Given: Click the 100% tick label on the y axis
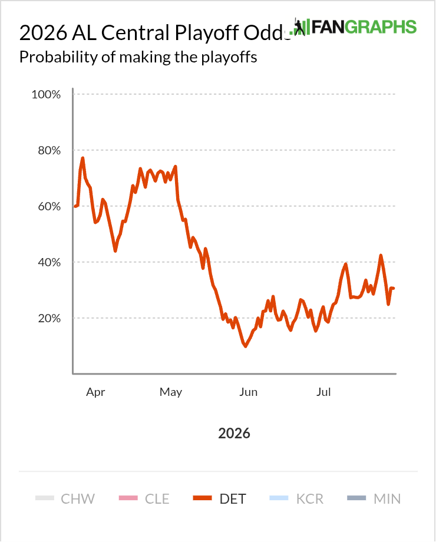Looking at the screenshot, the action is pos(46,94).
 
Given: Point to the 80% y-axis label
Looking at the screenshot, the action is pos(49,150).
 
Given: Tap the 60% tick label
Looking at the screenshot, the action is pos(49,206).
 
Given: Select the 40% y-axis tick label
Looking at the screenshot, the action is pos(49,262).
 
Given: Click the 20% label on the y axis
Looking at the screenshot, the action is pos(49,318).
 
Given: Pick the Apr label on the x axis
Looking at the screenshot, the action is pos(95,392).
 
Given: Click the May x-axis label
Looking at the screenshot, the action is pos(171,392).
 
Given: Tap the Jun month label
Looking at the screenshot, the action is pos(248,392).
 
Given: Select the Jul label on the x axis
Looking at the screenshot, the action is pos(323,392).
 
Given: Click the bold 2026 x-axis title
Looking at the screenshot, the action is pos(234,434).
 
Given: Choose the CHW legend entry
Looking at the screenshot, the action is pos(65,499).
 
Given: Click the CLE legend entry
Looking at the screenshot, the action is pos(144,499).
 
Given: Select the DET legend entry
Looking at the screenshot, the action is pos(220,499).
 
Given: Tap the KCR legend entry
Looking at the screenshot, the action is pos(296,499).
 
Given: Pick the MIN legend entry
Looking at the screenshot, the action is pos(374,499).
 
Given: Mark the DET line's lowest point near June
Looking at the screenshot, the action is pos(246,346).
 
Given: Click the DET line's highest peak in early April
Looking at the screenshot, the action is pos(82,158).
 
